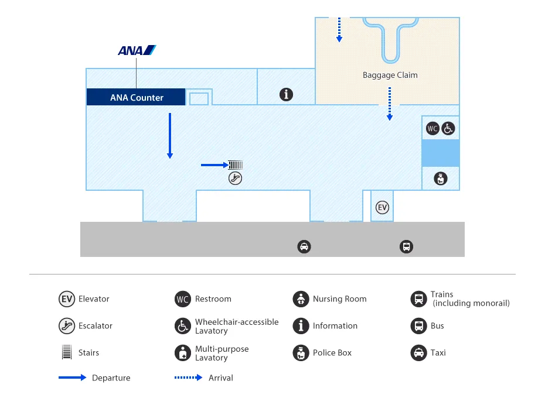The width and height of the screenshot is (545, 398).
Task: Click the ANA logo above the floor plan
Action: tap(137, 50)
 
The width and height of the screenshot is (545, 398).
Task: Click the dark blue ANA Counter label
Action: tap(136, 97)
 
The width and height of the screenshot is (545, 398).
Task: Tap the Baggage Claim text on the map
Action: tap(390, 75)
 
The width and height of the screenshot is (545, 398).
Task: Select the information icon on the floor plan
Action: tap(286, 94)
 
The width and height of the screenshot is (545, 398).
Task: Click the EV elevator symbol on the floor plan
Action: tap(382, 207)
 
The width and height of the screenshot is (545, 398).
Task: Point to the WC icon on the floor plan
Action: tap(432, 128)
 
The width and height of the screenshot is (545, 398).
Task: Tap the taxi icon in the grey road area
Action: tap(304, 246)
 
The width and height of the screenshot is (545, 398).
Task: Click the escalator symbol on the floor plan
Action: tap(235, 179)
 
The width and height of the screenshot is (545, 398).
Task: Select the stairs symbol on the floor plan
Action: tap(236, 165)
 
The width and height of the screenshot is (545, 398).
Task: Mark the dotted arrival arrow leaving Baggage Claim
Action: tap(389, 104)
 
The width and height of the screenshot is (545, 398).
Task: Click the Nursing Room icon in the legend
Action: tap(300, 299)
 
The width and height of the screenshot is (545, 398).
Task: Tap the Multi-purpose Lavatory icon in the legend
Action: tap(183, 353)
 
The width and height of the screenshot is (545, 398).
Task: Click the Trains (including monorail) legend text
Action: tap(470, 299)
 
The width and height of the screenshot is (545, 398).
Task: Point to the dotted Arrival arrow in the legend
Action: tap(188, 378)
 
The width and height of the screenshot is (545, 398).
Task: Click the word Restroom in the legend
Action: tap(213, 299)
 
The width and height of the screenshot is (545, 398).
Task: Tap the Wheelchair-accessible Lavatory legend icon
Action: tap(183, 326)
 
